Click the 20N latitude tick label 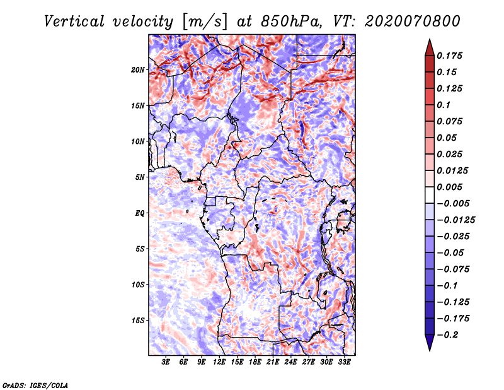click(138, 69)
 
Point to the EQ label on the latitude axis click(139, 213)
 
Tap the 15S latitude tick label click(138, 321)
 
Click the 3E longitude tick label click(166, 363)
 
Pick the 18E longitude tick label click(255, 363)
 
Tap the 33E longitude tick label click(345, 363)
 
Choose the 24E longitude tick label click(291, 363)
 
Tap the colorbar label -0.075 click(455, 269)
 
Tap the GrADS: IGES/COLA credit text click(35, 384)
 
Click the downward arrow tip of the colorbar click(428, 349)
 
